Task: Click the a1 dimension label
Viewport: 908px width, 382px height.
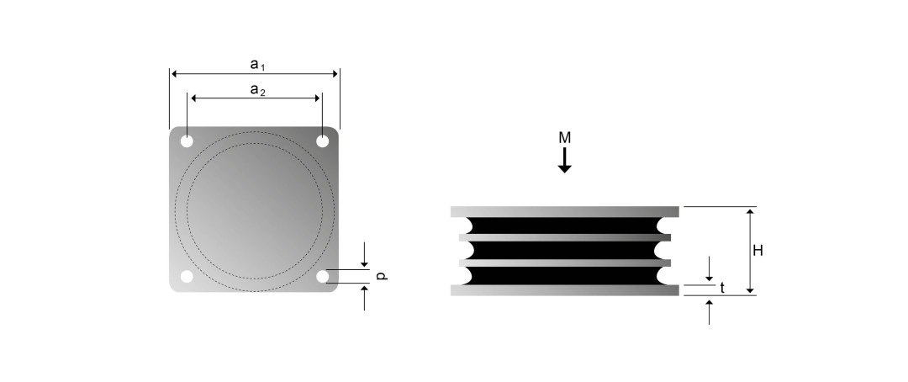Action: coord(257,64)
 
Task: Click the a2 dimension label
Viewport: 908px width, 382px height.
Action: coord(257,90)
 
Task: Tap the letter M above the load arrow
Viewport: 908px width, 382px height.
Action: coord(565,138)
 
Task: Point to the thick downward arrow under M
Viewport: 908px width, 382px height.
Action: coord(565,160)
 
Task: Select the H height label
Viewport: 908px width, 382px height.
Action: coord(758,251)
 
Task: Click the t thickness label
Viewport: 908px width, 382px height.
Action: coord(722,288)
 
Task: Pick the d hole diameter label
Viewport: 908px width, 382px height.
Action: coord(381,276)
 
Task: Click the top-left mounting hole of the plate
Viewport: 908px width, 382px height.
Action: coord(187,141)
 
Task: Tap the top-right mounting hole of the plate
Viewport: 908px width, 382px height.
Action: coord(323,141)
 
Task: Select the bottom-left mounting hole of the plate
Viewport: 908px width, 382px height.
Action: coord(187,277)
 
